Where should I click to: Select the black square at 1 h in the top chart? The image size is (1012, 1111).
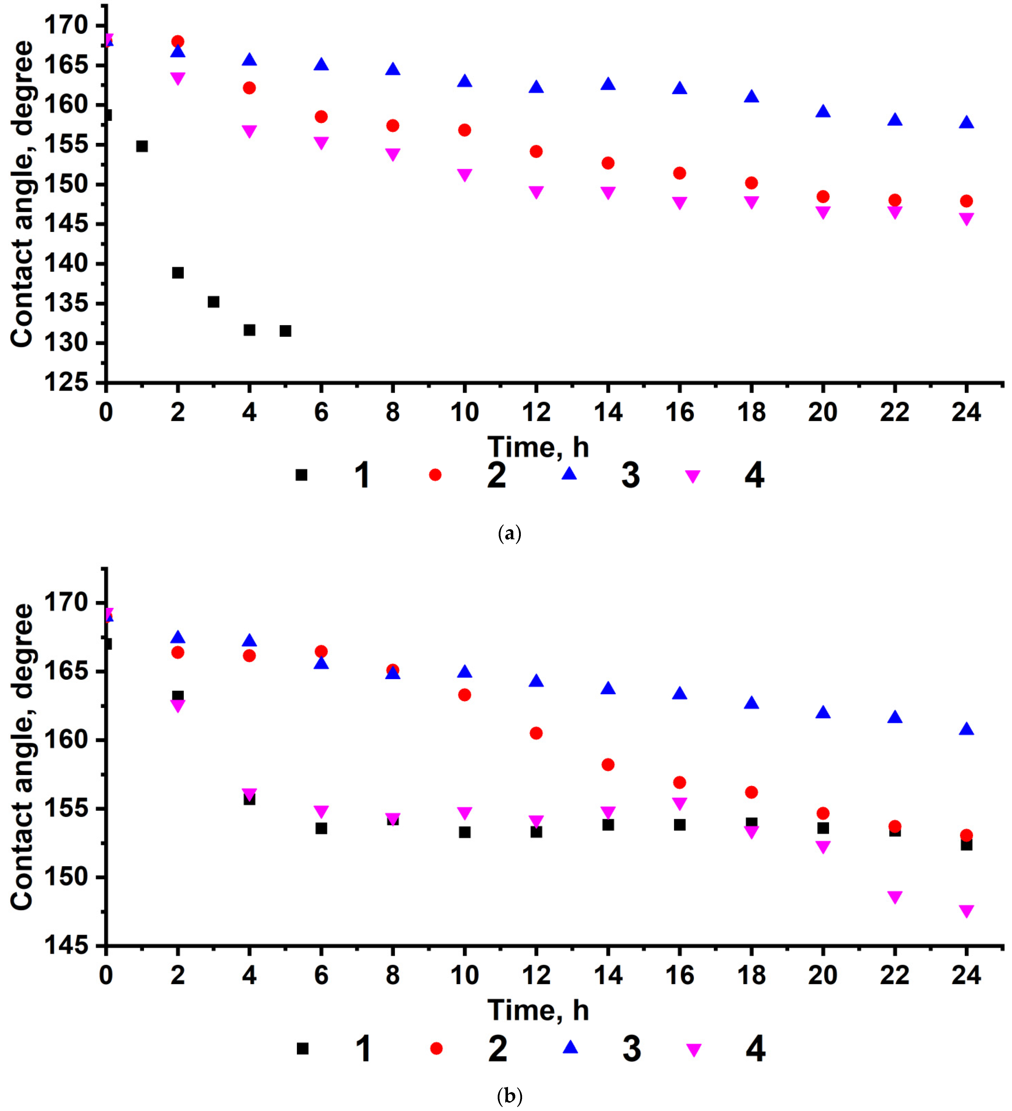tap(142, 146)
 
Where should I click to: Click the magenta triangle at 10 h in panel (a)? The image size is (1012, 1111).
tap(465, 175)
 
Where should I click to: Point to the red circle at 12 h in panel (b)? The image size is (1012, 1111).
tap(536, 733)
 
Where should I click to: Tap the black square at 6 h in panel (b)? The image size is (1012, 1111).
tap(321, 828)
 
